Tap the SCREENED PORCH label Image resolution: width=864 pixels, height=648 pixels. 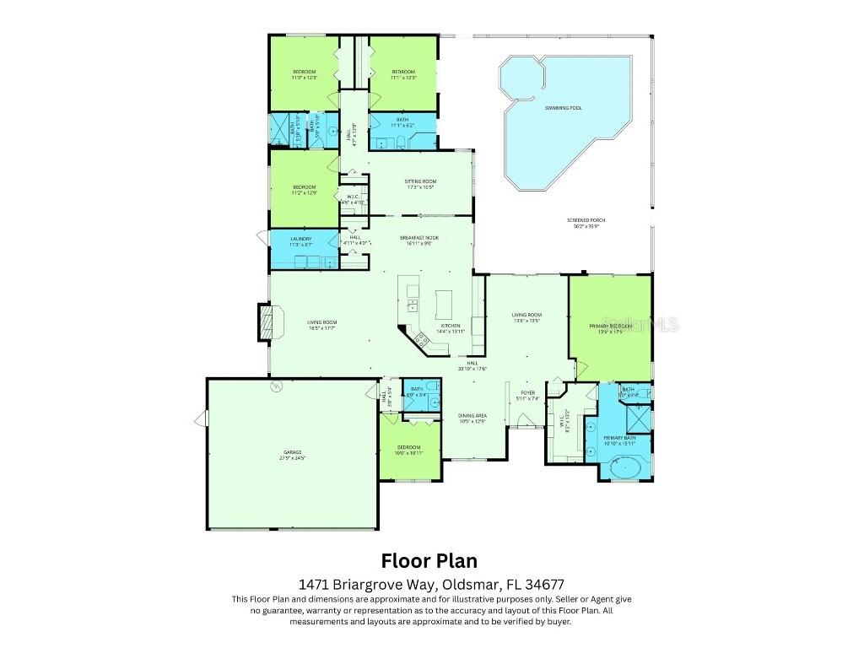tap(586, 221)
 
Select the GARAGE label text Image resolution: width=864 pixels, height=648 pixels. tap(292, 452)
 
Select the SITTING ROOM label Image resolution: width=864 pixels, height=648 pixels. tap(419, 181)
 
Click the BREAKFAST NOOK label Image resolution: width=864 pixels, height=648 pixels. tap(419, 239)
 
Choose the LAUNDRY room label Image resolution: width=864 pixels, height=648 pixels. tap(301, 239)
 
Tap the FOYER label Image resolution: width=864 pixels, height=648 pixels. tap(527, 392)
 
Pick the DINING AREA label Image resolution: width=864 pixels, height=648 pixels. tap(472, 415)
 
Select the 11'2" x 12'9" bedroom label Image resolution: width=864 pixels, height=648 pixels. tap(304, 187)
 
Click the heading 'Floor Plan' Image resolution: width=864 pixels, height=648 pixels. tap(429, 560)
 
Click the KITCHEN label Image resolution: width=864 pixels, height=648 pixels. tap(450, 326)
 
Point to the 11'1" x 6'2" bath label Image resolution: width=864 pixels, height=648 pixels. tap(402, 120)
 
